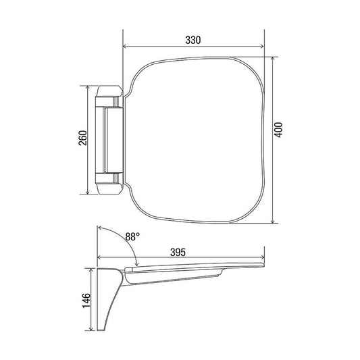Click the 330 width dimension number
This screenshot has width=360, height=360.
(x=193, y=40)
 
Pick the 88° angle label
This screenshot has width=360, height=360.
(x=132, y=236)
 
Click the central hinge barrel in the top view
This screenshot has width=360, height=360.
(x=109, y=140)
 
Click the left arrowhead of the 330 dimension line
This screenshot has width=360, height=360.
(x=125, y=47)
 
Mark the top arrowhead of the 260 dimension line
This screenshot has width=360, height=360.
(x=86, y=88)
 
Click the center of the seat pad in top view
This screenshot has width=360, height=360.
(x=196, y=140)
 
